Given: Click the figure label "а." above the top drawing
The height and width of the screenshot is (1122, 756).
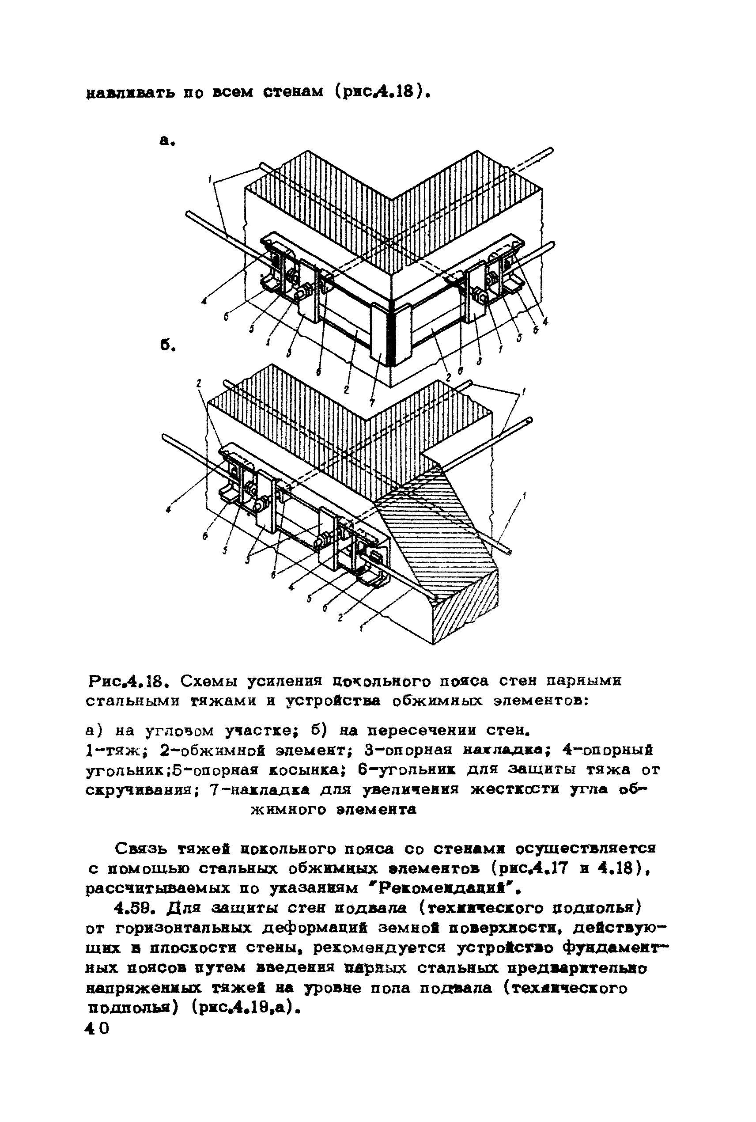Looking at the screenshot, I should click(167, 141).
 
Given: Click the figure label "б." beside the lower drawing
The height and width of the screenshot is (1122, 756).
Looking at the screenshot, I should click(167, 345).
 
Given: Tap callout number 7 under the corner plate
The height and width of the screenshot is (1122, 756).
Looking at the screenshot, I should click(371, 402).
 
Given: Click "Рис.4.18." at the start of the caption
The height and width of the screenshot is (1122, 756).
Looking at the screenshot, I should click(128, 681).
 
